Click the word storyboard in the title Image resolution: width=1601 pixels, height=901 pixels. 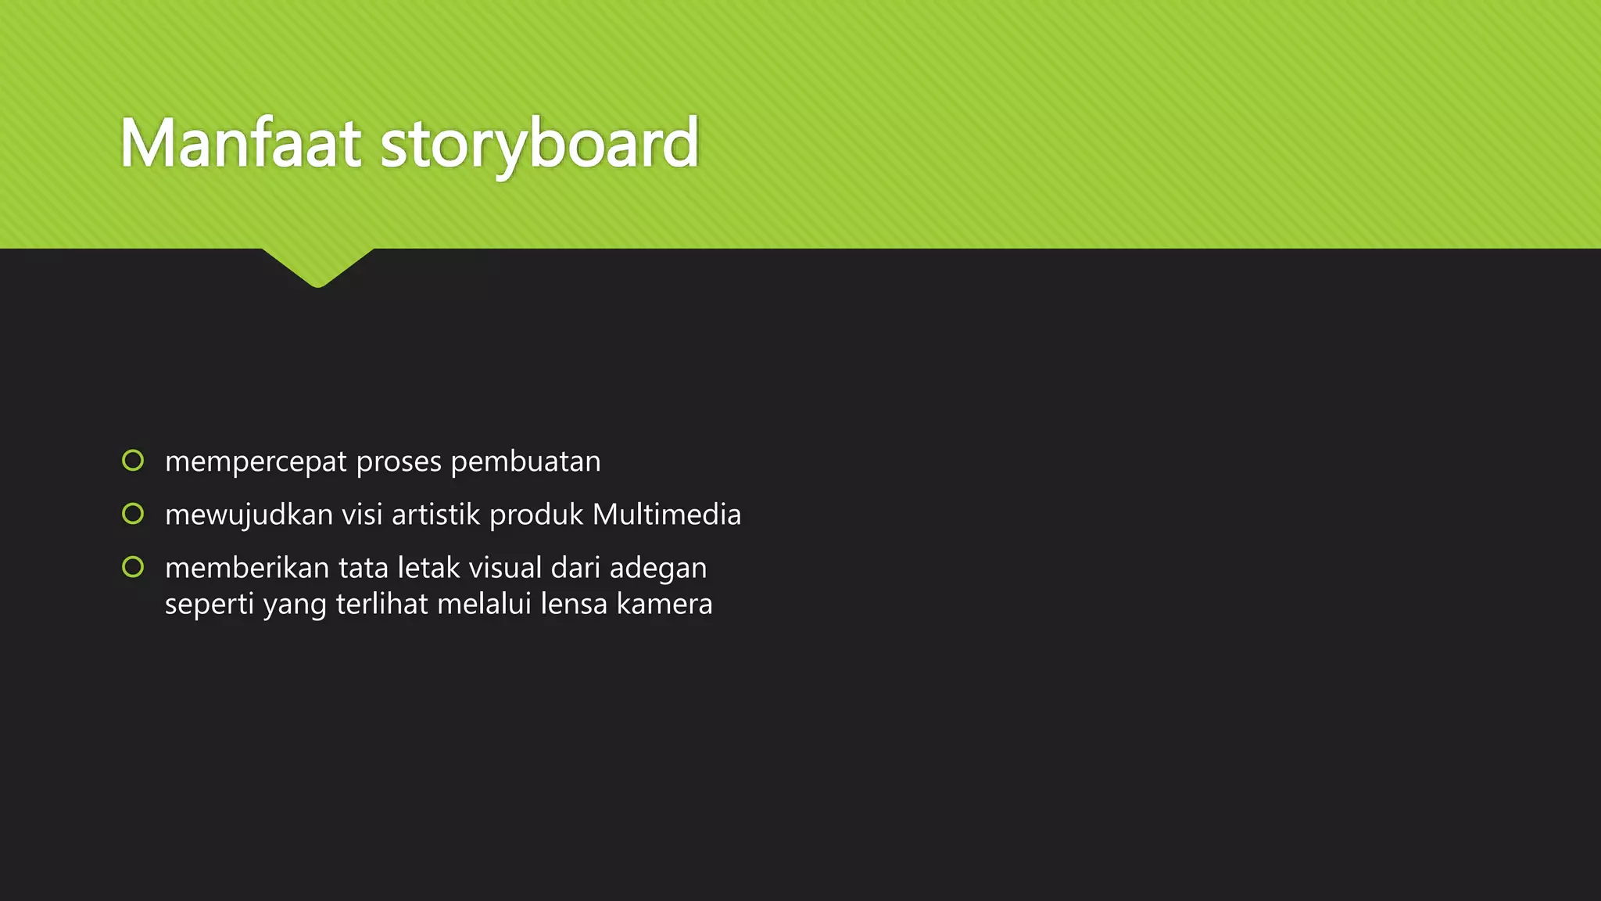tap(539, 145)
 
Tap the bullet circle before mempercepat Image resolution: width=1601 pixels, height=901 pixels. tap(133, 461)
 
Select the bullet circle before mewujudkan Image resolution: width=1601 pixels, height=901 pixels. tap(133, 514)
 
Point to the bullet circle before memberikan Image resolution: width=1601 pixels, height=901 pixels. tap(133, 567)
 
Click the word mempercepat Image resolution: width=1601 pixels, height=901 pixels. tap(256, 462)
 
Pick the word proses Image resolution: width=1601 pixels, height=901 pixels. tap(399, 462)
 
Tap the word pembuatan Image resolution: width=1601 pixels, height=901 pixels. tap(525, 461)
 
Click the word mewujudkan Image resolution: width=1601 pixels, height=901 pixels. tap(249, 515)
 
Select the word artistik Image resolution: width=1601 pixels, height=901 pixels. tap(436, 515)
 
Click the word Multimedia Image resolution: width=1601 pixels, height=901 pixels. tap(667, 515)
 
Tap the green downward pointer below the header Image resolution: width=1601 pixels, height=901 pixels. tap(318, 267)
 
